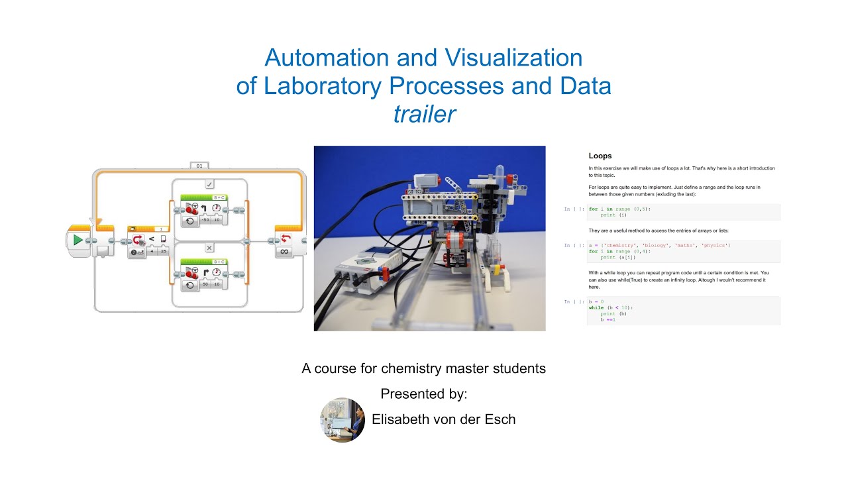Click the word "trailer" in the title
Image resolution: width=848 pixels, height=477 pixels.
424,115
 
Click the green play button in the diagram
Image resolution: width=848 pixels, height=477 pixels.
78,240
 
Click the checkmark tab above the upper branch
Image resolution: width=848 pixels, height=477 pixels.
209,184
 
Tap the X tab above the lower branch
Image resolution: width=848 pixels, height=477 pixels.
209,248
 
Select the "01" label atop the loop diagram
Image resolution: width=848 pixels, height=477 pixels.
199,165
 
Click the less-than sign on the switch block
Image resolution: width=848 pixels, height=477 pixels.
152,238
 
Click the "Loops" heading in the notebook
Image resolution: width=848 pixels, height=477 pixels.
600,156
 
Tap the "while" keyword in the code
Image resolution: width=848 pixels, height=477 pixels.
595,307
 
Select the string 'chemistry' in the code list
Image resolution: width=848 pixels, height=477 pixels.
622,246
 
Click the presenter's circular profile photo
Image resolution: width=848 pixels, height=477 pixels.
343,420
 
